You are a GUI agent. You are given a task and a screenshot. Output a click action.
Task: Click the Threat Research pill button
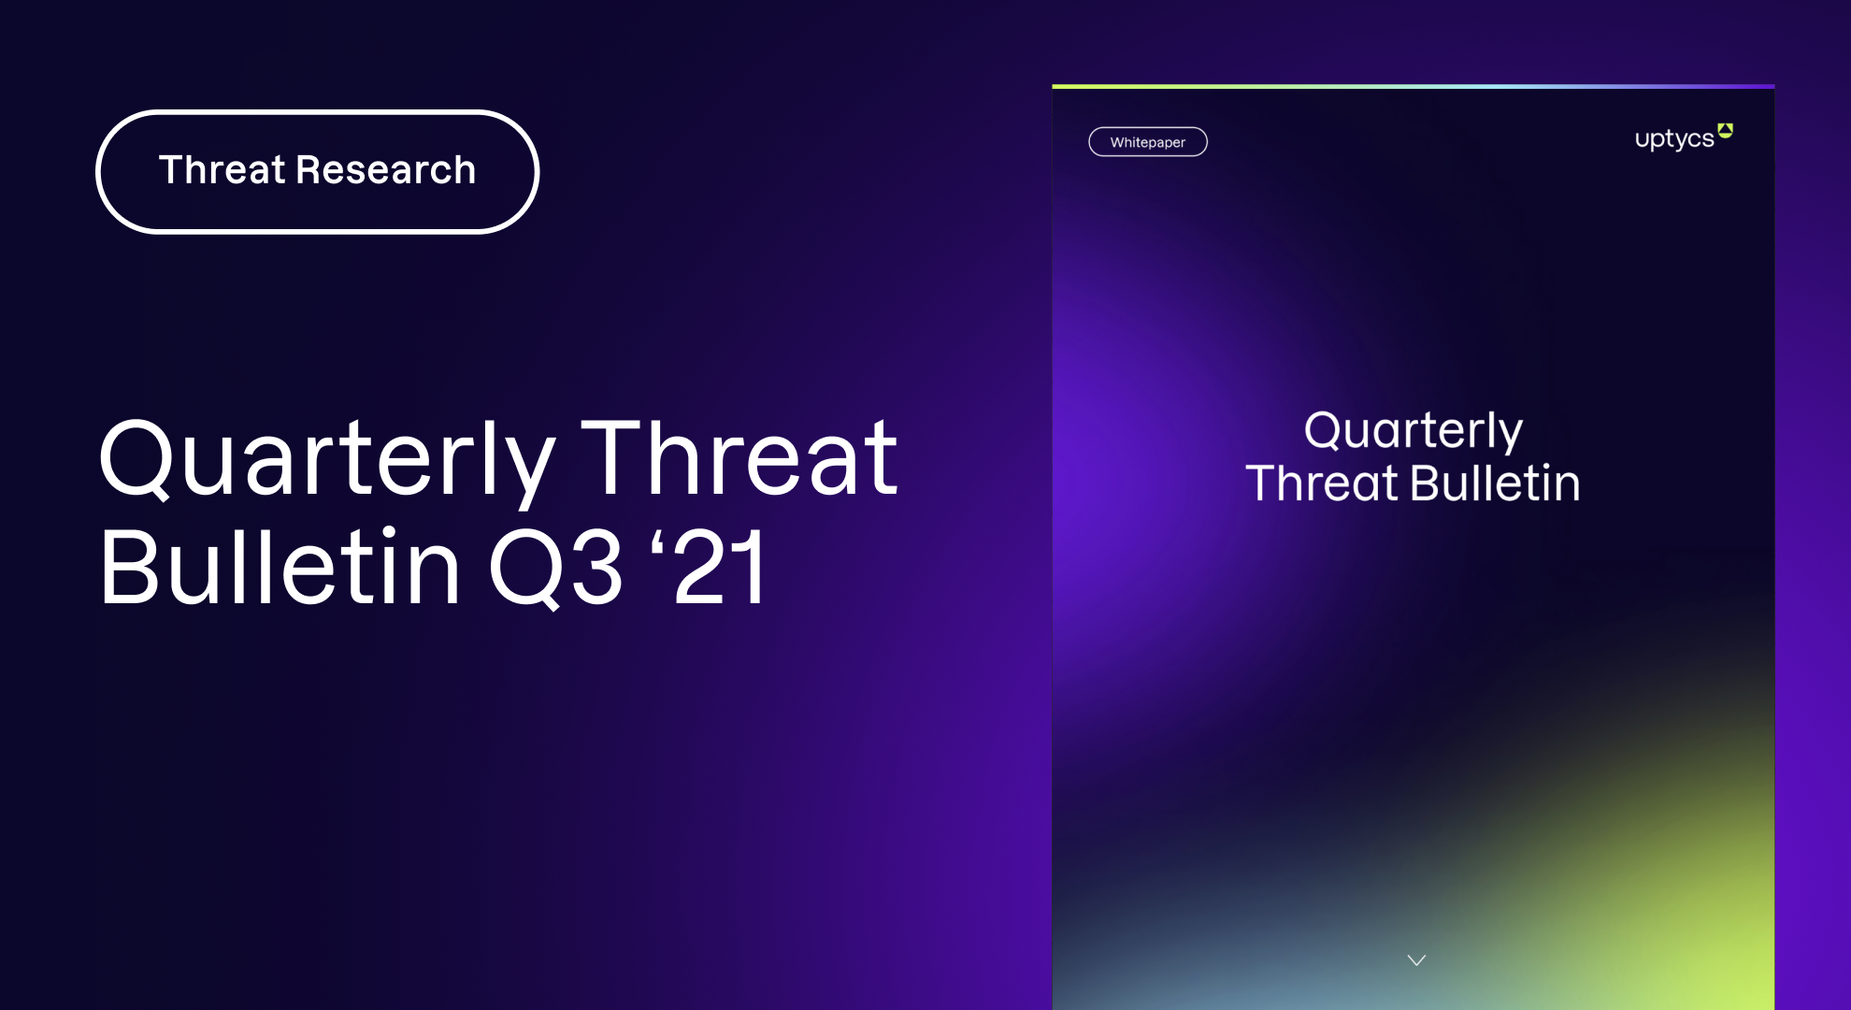(x=317, y=171)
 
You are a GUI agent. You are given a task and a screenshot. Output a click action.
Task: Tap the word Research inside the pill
(x=386, y=170)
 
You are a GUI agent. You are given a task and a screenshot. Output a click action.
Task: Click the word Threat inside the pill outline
(x=222, y=170)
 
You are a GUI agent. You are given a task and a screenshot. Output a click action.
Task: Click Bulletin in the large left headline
(x=280, y=567)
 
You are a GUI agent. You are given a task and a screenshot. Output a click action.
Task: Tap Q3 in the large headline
(x=555, y=569)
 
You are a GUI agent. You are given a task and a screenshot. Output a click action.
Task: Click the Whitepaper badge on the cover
(x=1148, y=142)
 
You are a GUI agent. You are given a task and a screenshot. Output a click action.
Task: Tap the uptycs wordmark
(x=1674, y=138)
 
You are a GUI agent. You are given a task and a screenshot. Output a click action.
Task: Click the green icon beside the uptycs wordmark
(x=1726, y=131)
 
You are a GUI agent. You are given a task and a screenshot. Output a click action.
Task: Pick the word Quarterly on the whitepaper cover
(x=1413, y=431)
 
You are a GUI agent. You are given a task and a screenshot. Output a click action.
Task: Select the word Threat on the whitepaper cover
(x=1322, y=483)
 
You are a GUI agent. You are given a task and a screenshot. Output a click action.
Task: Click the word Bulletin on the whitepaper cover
(x=1495, y=483)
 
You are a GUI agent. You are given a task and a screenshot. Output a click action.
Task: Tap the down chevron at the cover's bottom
(x=1416, y=960)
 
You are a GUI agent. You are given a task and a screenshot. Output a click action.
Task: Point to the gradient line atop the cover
(x=1413, y=86)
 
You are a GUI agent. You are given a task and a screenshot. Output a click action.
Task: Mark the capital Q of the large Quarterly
(x=136, y=459)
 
